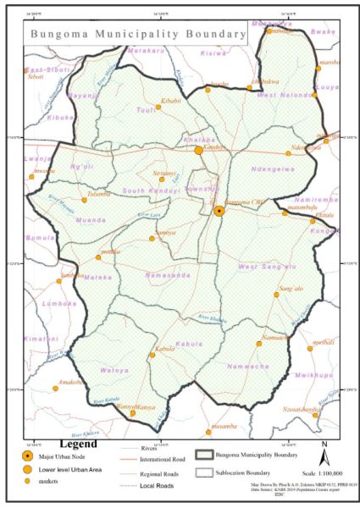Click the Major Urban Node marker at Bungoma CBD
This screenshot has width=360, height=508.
tap(219, 210)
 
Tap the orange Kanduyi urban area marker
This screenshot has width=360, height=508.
tap(198, 150)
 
